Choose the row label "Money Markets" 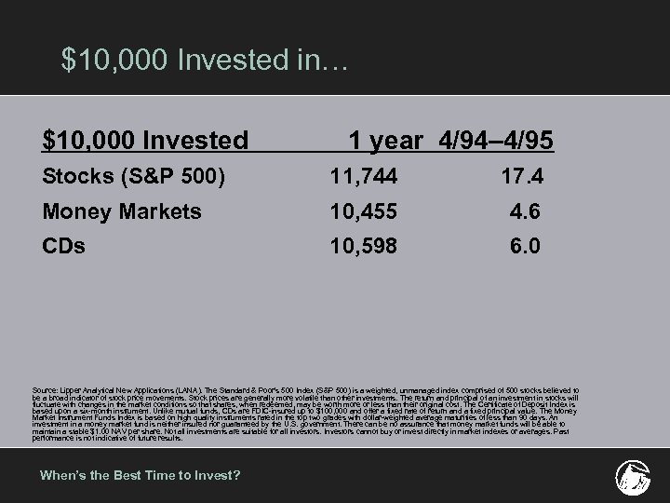click(122, 212)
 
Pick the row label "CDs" click(62, 246)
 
